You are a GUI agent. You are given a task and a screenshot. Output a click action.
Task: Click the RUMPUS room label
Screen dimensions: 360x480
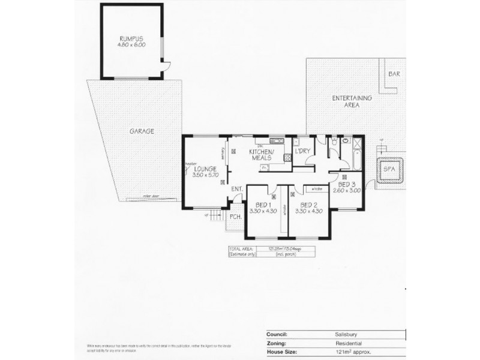pyautogui.click(x=133, y=38)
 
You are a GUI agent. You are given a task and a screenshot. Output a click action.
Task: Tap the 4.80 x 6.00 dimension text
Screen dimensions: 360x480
pyautogui.click(x=133, y=44)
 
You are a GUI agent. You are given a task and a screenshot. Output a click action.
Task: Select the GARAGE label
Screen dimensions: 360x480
pyautogui.click(x=142, y=131)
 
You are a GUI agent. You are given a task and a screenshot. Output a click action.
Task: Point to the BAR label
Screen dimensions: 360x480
pyautogui.click(x=394, y=74)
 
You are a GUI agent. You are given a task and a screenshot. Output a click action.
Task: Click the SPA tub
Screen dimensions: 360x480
pyautogui.click(x=389, y=170)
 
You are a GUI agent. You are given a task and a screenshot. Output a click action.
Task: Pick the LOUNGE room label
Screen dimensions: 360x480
pyautogui.click(x=205, y=169)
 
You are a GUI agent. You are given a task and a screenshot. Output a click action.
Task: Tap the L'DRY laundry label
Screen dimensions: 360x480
pyautogui.click(x=302, y=151)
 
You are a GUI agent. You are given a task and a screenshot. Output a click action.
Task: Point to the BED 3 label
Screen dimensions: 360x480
pyautogui.click(x=347, y=184)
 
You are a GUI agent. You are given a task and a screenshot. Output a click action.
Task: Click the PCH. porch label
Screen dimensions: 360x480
pyautogui.click(x=235, y=217)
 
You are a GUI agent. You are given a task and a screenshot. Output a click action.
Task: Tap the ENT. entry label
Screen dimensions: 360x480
pyautogui.click(x=236, y=190)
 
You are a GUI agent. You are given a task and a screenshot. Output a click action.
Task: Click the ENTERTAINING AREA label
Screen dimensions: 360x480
pyautogui.click(x=352, y=101)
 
